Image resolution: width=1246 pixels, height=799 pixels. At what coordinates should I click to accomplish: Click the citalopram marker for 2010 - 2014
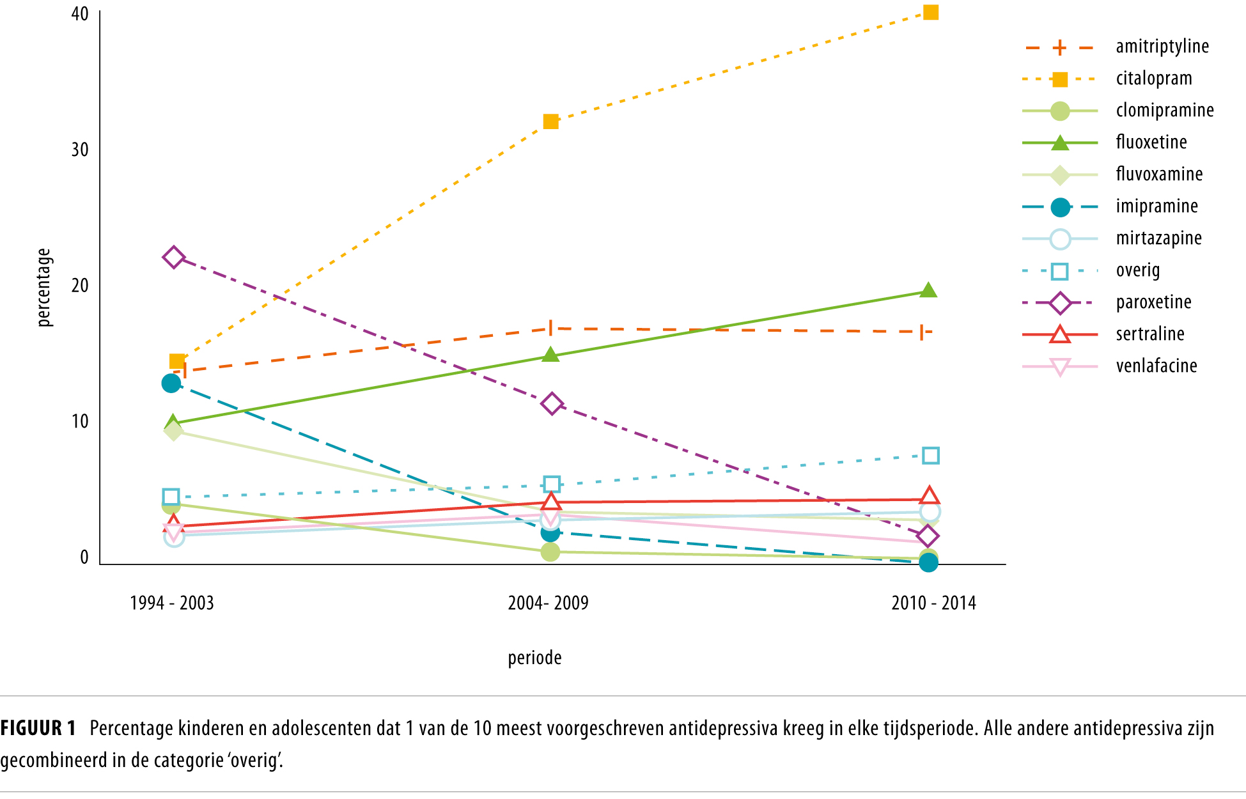[931, 12]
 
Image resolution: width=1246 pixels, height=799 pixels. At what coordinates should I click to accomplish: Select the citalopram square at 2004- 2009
[550, 121]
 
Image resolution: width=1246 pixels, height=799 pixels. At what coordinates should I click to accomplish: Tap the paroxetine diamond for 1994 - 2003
[173, 258]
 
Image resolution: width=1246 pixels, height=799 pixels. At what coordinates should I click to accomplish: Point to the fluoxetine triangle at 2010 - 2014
[928, 291]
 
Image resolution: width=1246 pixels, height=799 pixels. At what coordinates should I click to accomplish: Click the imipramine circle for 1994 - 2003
[171, 384]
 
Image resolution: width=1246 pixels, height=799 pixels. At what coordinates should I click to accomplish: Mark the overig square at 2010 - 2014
[931, 456]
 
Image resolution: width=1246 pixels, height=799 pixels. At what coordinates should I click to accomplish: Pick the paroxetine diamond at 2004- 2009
[552, 404]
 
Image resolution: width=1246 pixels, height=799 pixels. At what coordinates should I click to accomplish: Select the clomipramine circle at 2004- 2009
[550, 552]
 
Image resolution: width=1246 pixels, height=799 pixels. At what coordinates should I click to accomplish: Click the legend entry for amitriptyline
[1162, 47]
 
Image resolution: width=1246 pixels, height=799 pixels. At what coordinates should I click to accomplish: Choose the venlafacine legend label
[1156, 366]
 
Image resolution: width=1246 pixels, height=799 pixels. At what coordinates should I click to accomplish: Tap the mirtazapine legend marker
[1060, 239]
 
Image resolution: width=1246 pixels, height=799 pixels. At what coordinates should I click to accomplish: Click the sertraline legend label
[1150, 334]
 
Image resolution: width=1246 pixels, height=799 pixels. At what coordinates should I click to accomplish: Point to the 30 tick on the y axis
[80, 150]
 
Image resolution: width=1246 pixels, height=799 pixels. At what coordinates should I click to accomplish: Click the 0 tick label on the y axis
[84, 557]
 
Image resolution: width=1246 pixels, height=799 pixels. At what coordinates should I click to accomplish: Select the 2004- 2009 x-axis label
[548, 603]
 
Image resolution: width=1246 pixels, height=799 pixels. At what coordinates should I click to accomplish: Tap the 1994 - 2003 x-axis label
[171, 603]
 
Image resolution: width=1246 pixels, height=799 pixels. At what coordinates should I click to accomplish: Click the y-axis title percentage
[43, 288]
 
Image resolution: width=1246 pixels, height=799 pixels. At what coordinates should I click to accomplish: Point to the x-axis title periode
[534, 658]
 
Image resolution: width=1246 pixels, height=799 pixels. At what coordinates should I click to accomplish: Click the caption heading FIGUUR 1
[38, 728]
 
